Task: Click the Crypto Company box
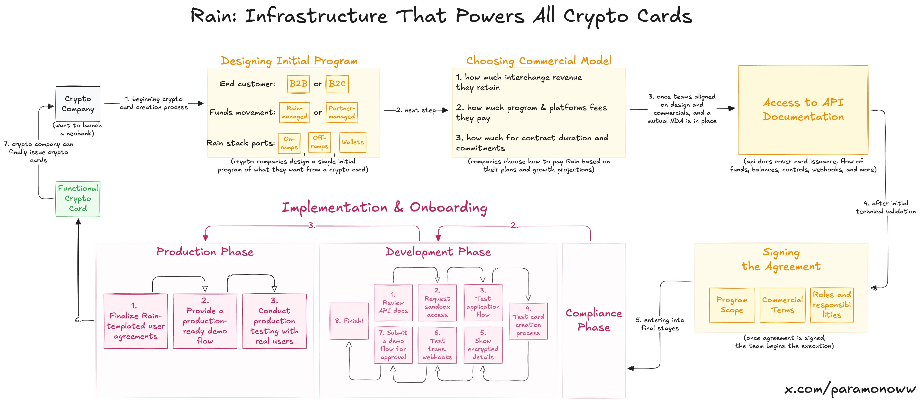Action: (78, 104)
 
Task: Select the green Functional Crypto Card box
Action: (78, 198)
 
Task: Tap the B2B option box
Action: (298, 84)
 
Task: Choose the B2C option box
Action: (337, 84)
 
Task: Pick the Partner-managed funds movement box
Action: (342, 112)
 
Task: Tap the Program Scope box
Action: (732, 305)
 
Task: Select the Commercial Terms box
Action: (782, 305)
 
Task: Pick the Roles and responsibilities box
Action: (832, 305)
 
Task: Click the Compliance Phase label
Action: (594, 320)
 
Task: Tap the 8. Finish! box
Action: (349, 321)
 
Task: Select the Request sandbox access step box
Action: (437, 303)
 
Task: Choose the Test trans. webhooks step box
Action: (437, 345)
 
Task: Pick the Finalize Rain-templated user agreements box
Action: (135, 321)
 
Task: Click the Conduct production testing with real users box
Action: (274, 321)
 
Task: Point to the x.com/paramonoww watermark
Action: (850, 389)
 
